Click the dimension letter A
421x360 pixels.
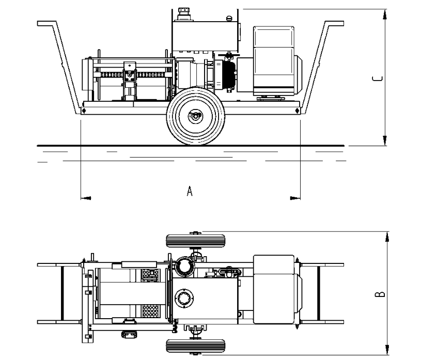tap(190, 191)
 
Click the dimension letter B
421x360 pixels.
tap(380, 294)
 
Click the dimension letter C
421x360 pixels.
tap(378, 79)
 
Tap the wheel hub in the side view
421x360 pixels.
tap(195, 116)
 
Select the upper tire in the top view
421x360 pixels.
tap(195, 241)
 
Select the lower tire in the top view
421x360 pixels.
tap(195, 346)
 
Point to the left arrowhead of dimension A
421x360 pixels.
tap(86, 198)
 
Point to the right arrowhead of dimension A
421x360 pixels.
tap(295, 198)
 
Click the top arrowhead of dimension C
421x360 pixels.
tap(385, 14)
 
